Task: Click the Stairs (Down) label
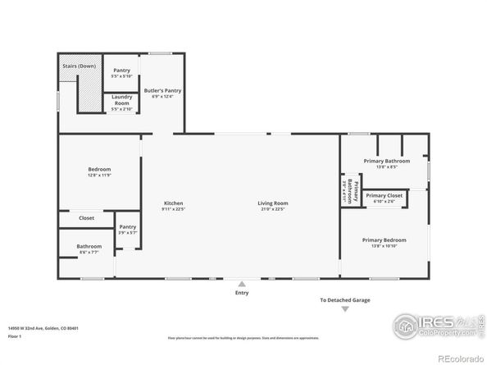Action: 79,66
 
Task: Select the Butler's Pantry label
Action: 162,92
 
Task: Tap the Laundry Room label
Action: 121,102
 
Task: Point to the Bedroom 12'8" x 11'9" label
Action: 99,171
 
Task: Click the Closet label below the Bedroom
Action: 86,218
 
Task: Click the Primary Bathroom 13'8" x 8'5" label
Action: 380,163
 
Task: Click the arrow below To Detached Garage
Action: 344,309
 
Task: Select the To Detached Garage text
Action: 344,300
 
